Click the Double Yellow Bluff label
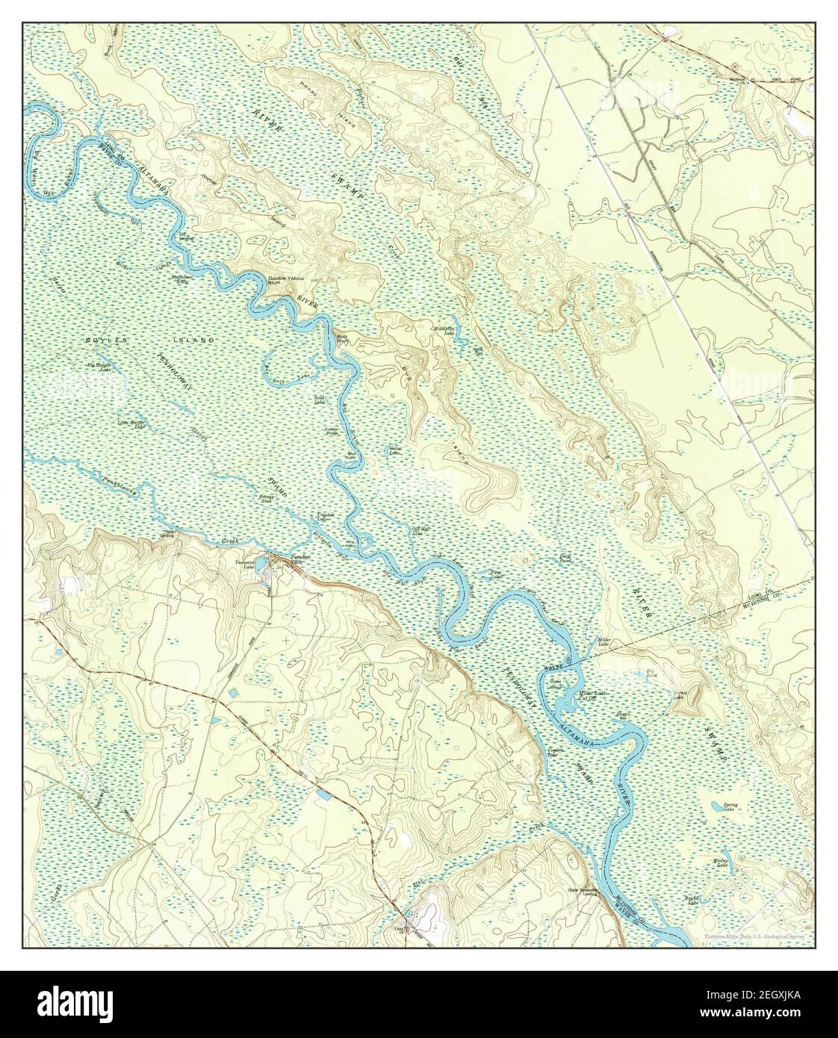tap(286, 281)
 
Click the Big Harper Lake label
tap(99, 367)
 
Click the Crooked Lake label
tap(325, 518)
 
